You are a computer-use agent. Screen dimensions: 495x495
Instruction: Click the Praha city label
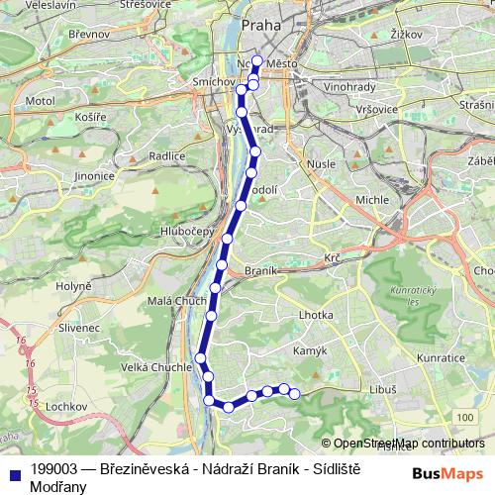pyautogui.click(x=260, y=24)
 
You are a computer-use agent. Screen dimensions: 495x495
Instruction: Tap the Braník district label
pyautogui.click(x=259, y=269)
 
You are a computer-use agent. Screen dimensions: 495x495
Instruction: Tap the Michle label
pyautogui.click(x=372, y=199)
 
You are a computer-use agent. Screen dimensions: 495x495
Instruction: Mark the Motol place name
pyautogui.click(x=40, y=101)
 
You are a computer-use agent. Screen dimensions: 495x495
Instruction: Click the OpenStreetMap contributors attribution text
pyautogui.click(x=409, y=444)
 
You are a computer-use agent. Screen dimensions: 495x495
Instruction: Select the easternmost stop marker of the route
pyautogui.click(x=294, y=395)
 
